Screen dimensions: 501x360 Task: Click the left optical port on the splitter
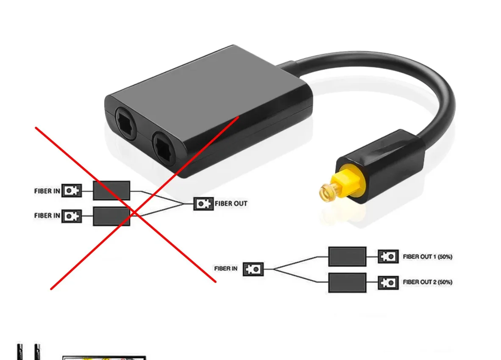[126, 125]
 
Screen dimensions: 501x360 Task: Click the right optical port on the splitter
[163, 145]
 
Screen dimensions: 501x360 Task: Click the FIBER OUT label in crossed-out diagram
[231, 204]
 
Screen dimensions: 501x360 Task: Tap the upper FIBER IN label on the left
[47, 191]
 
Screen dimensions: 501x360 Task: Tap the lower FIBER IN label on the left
[47, 216]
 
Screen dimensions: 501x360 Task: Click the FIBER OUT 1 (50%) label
[427, 257]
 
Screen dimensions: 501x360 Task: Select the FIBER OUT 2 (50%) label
[427, 282]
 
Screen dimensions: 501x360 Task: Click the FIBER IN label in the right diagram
[225, 269]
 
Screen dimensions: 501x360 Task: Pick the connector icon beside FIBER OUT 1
[388, 257]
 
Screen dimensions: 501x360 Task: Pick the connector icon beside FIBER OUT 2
[388, 282]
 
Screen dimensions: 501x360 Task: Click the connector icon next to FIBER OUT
[204, 204]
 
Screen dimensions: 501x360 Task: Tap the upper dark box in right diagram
[347, 257]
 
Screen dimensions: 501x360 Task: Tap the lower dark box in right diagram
[347, 282]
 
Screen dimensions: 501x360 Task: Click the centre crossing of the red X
[134, 210]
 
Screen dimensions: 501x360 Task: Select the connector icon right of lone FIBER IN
[253, 269]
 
